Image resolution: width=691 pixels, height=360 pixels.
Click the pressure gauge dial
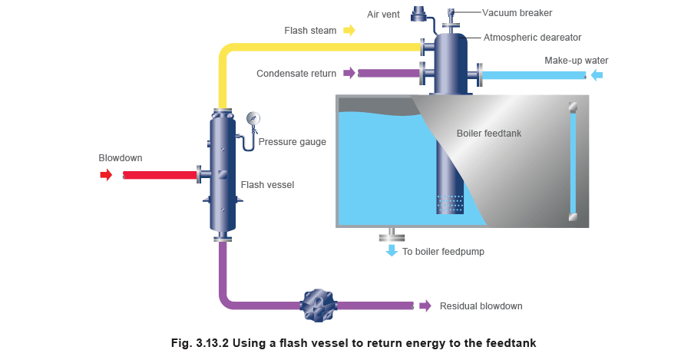coord(253,118)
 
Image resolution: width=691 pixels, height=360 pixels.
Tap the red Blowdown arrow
coord(105,174)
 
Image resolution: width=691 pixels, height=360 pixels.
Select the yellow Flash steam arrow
coord(349,30)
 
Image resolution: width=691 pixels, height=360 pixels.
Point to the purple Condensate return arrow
coord(349,74)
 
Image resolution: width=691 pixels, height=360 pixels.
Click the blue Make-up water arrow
coord(595,74)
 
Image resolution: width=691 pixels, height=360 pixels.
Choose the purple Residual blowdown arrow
coord(425,306)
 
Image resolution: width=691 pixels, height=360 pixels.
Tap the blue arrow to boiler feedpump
coord(392,250)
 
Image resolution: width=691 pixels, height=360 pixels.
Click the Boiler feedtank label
coord(489,134)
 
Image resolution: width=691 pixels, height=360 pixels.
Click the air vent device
coord(419,13)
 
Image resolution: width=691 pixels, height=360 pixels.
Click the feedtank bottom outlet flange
coord(392,233)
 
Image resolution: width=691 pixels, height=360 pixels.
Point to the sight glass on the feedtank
coord(571,162)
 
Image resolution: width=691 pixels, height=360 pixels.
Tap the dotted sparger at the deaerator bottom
coord(450,203)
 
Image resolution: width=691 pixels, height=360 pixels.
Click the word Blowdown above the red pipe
coord(121,158)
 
